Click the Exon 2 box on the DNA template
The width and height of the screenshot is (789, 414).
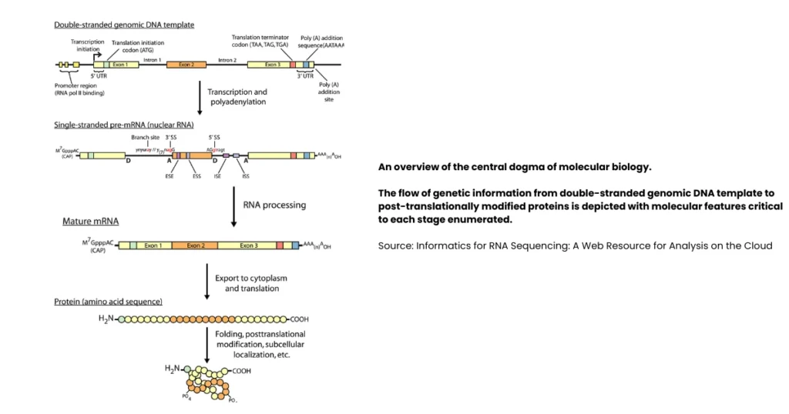pyautogui.click(x=186, y=65)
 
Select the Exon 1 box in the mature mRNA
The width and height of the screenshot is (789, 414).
pyautogui.click(x=154, y=245)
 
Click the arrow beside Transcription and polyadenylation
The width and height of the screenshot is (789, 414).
pyautogui.click(x=200, y=97)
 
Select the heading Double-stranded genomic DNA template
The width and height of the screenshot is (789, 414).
pyautogui.click(x=124, y=25)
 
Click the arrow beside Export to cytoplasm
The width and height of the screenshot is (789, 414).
pyautogui.click(x=207, y=282)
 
